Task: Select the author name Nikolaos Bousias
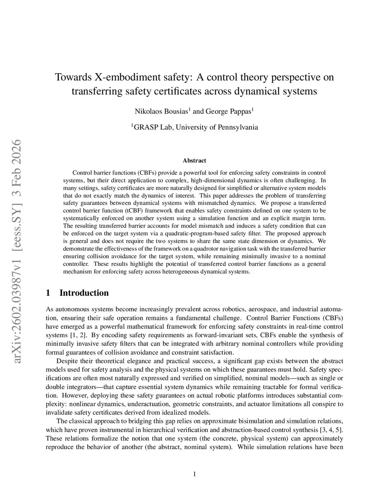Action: tap(161, 111)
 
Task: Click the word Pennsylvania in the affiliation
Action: tap(238, 127)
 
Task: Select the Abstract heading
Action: tap(194, 161)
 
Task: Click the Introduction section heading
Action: tap(84, 293)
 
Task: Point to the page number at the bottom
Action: tap(194, 474)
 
